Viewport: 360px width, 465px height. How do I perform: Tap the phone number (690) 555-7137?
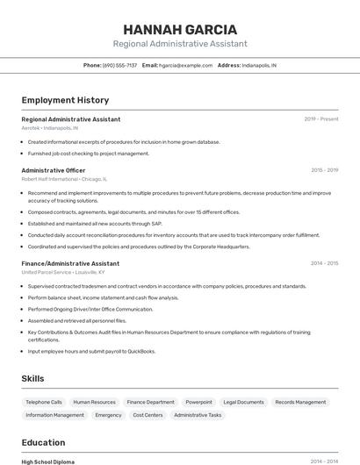[x=119, y=65]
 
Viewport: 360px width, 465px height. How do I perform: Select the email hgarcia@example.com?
[x=185, y=65]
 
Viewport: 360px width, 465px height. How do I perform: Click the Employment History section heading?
[x=65, y=100]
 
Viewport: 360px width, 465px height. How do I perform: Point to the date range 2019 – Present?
[x=321, y=119]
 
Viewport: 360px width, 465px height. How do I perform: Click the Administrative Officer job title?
[x=54, y=170]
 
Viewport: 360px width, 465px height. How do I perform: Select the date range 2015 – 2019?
[x=324, y=170]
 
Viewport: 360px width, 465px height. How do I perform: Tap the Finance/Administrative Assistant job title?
[x=70, y=263]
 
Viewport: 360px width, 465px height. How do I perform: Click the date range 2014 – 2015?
[x=324, y=263]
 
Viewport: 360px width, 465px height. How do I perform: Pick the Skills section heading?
[x=33, y=378]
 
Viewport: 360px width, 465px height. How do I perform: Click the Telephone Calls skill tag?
[x=44, y=402]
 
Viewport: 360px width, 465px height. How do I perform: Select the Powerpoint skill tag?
[x=198, y=402]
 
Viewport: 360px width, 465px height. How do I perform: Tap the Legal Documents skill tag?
[x=243, y=402]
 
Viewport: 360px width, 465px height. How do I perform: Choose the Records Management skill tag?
[x=300, y=402]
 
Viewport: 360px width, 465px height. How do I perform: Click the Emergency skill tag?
[x=108, y=415]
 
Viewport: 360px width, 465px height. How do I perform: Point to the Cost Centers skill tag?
[x=148, y=415]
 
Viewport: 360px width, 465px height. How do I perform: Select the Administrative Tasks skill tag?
[x=198, y=415]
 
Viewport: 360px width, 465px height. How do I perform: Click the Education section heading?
[x=43, y=442]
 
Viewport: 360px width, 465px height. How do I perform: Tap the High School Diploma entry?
[x=48, y=461]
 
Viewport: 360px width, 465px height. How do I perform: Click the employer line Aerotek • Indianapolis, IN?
[x=50, y=128]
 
